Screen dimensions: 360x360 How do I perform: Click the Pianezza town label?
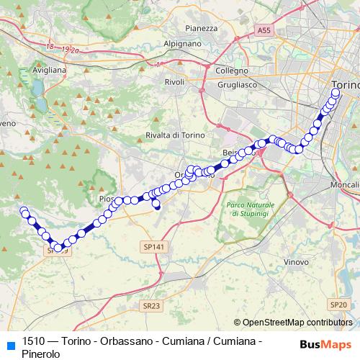(201, 28)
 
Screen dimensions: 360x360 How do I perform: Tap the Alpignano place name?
(183, 43)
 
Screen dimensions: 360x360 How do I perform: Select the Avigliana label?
(50, 70)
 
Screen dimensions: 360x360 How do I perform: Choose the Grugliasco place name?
(237, 84)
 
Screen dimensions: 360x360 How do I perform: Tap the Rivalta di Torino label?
(175, 135)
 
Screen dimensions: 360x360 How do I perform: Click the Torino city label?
(346, 85)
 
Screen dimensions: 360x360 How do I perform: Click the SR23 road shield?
(151, 305)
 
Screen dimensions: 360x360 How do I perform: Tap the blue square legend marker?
(9, 343)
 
